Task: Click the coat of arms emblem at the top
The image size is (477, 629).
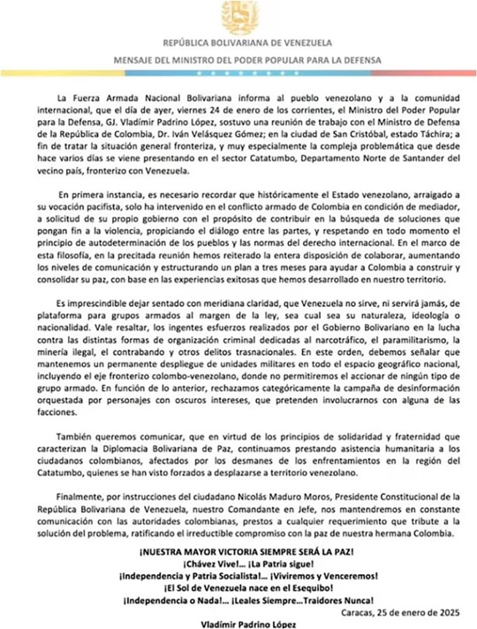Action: [238, 17]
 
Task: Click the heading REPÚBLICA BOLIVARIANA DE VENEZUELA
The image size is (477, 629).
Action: [238, 42]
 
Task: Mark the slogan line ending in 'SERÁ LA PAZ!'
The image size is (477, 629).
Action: [238, 552]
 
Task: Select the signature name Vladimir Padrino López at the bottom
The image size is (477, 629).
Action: [238, 624]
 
